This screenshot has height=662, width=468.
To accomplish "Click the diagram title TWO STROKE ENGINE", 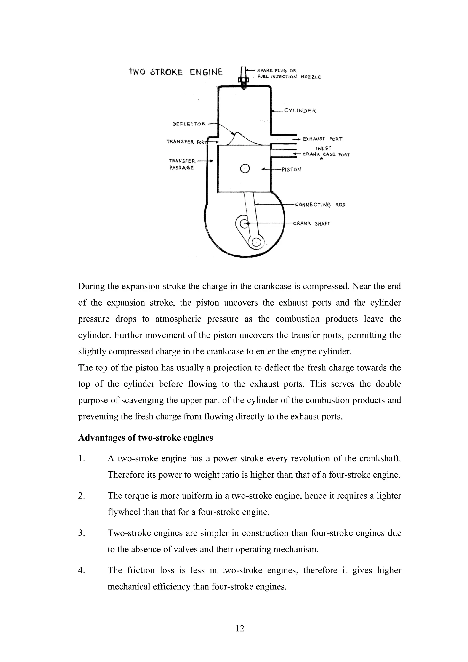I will pyautogui.click(x=175, y=72).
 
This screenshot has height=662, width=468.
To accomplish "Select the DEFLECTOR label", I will pyautogui.click(x=189, y=124).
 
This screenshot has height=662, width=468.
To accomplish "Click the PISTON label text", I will pyautogui.click(x=291, y=170).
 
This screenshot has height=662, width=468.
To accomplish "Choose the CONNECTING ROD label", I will pyautogui.click(x=320, y=205).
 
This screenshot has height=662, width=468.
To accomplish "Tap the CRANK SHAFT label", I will pyautogui.click(x=311, y=223).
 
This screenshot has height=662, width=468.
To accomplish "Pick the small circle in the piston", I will pyautogui.click(x=245, y=169).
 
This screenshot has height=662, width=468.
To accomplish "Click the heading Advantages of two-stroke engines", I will pyautogui.click(x=146, y=437).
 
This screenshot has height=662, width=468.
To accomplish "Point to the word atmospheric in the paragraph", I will pyautogui.click(x=177, y=319).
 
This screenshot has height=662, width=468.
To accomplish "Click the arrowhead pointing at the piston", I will pyautogui.click(x=263, y=170).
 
